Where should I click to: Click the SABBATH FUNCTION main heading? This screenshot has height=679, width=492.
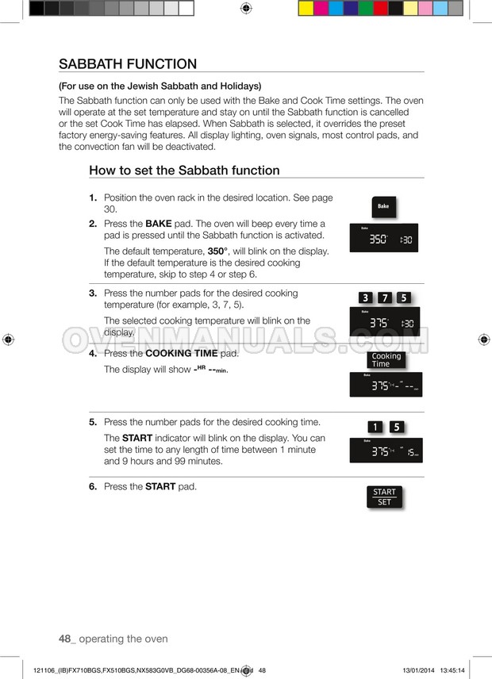128,64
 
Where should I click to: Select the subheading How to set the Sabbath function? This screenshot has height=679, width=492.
184,171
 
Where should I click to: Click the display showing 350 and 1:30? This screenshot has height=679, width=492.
384,237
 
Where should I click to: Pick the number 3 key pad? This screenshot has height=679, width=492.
365,298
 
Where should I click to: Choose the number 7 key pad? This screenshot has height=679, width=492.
385,298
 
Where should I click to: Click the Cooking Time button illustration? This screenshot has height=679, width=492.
386,360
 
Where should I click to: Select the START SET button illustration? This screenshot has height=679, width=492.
384,497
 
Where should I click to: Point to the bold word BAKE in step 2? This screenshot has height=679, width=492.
159,224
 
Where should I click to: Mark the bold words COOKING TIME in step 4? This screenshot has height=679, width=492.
182,354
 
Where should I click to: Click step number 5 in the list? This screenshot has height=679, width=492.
93,422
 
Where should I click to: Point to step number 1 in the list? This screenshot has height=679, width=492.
93,198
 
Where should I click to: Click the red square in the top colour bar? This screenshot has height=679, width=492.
381,9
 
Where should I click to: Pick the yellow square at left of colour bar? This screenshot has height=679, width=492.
306,9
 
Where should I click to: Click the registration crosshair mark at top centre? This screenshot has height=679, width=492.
246,9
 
